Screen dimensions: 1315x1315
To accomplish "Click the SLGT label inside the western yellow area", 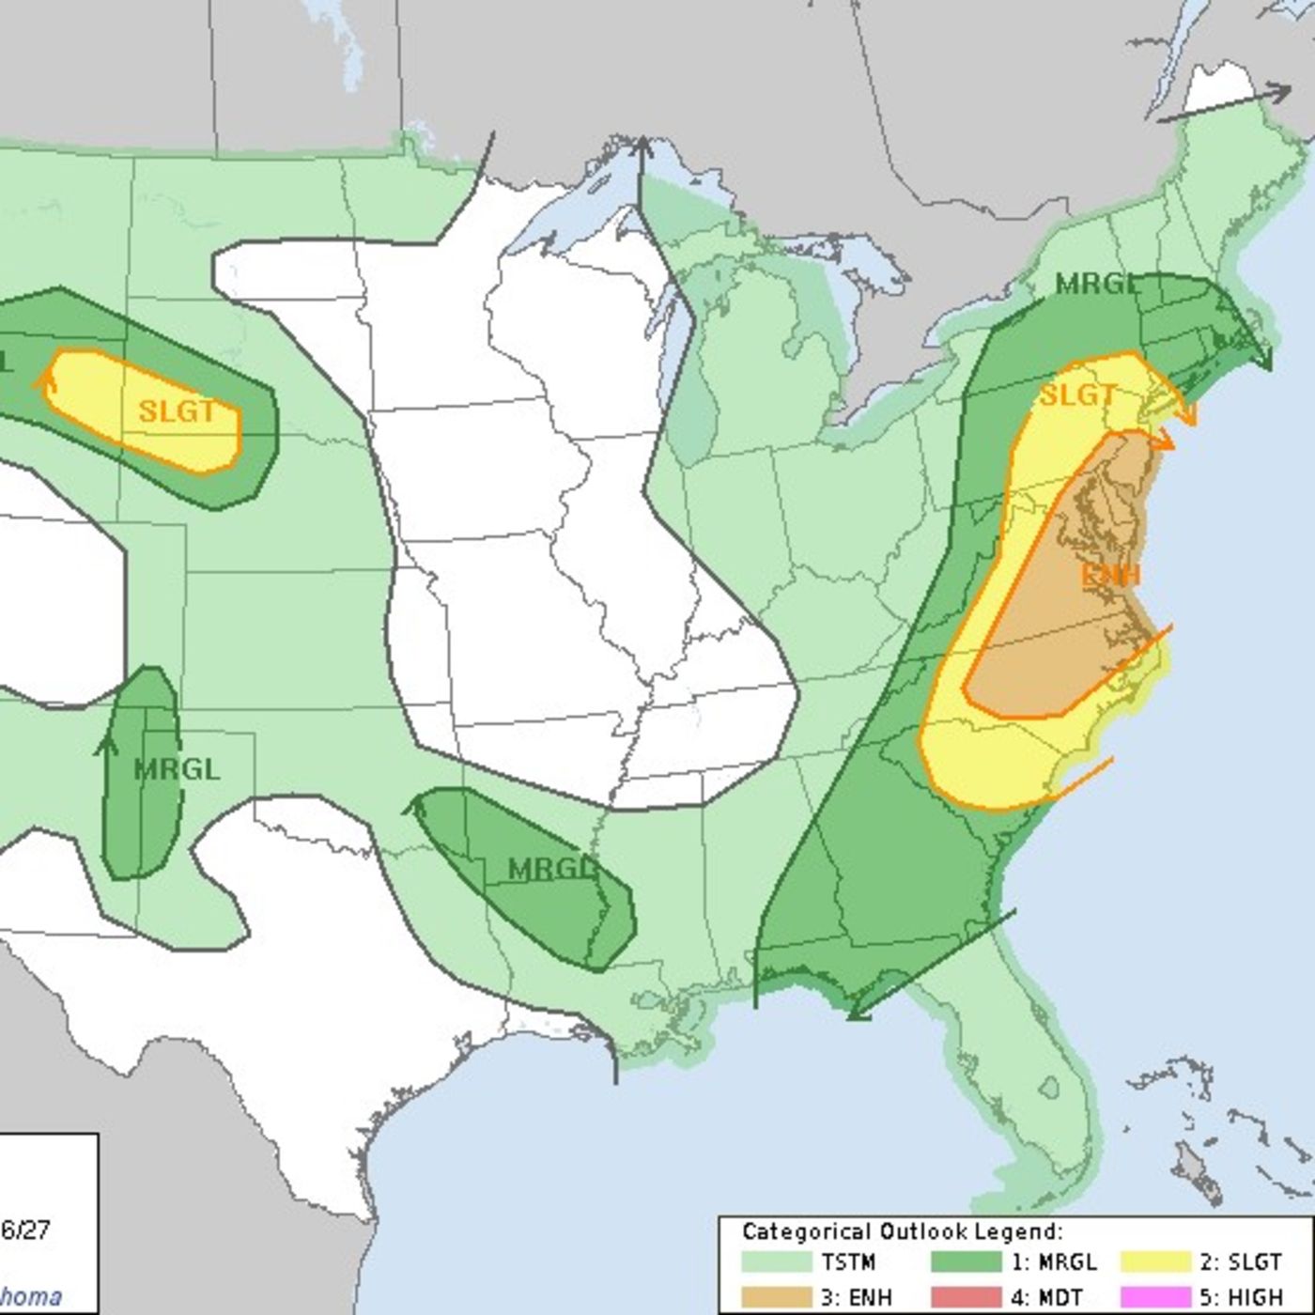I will pyautogui.click(x=177, y=411).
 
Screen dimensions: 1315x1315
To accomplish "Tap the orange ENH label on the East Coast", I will pyautogui.click(x=1111, y=575).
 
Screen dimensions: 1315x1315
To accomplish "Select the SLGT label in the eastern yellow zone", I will pyautogui.click(x=1077, y=395).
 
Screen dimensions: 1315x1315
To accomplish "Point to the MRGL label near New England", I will pyautogui.click(x=1096, y=284).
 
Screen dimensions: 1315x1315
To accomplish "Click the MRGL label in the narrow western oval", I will pyautogui.click(x=177, y=770).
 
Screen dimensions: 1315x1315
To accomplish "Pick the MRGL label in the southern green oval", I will pyautogui.click(x=552, y=869).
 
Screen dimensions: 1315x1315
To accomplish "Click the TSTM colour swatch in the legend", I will pyautogui.click(x=776, y=1261).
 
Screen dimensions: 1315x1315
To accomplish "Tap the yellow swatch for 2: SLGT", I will pyautogui.click(x=1154, y=1261).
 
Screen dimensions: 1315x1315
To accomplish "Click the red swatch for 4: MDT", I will pyautogui.click(x=966, y=1297).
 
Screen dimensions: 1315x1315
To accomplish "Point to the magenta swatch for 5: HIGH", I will pyautogui.click(x=1154, y=1297).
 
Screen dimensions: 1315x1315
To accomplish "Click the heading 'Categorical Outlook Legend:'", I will pyautogui.click(x=902, y=1231).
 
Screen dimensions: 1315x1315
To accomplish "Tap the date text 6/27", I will pyautogui.click(x=25, y=1230).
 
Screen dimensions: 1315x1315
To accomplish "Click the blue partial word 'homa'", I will pyautogui.click(x=31, y=1297).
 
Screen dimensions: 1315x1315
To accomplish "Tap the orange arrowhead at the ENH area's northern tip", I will pyautogui.click(x=1167, y=440).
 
